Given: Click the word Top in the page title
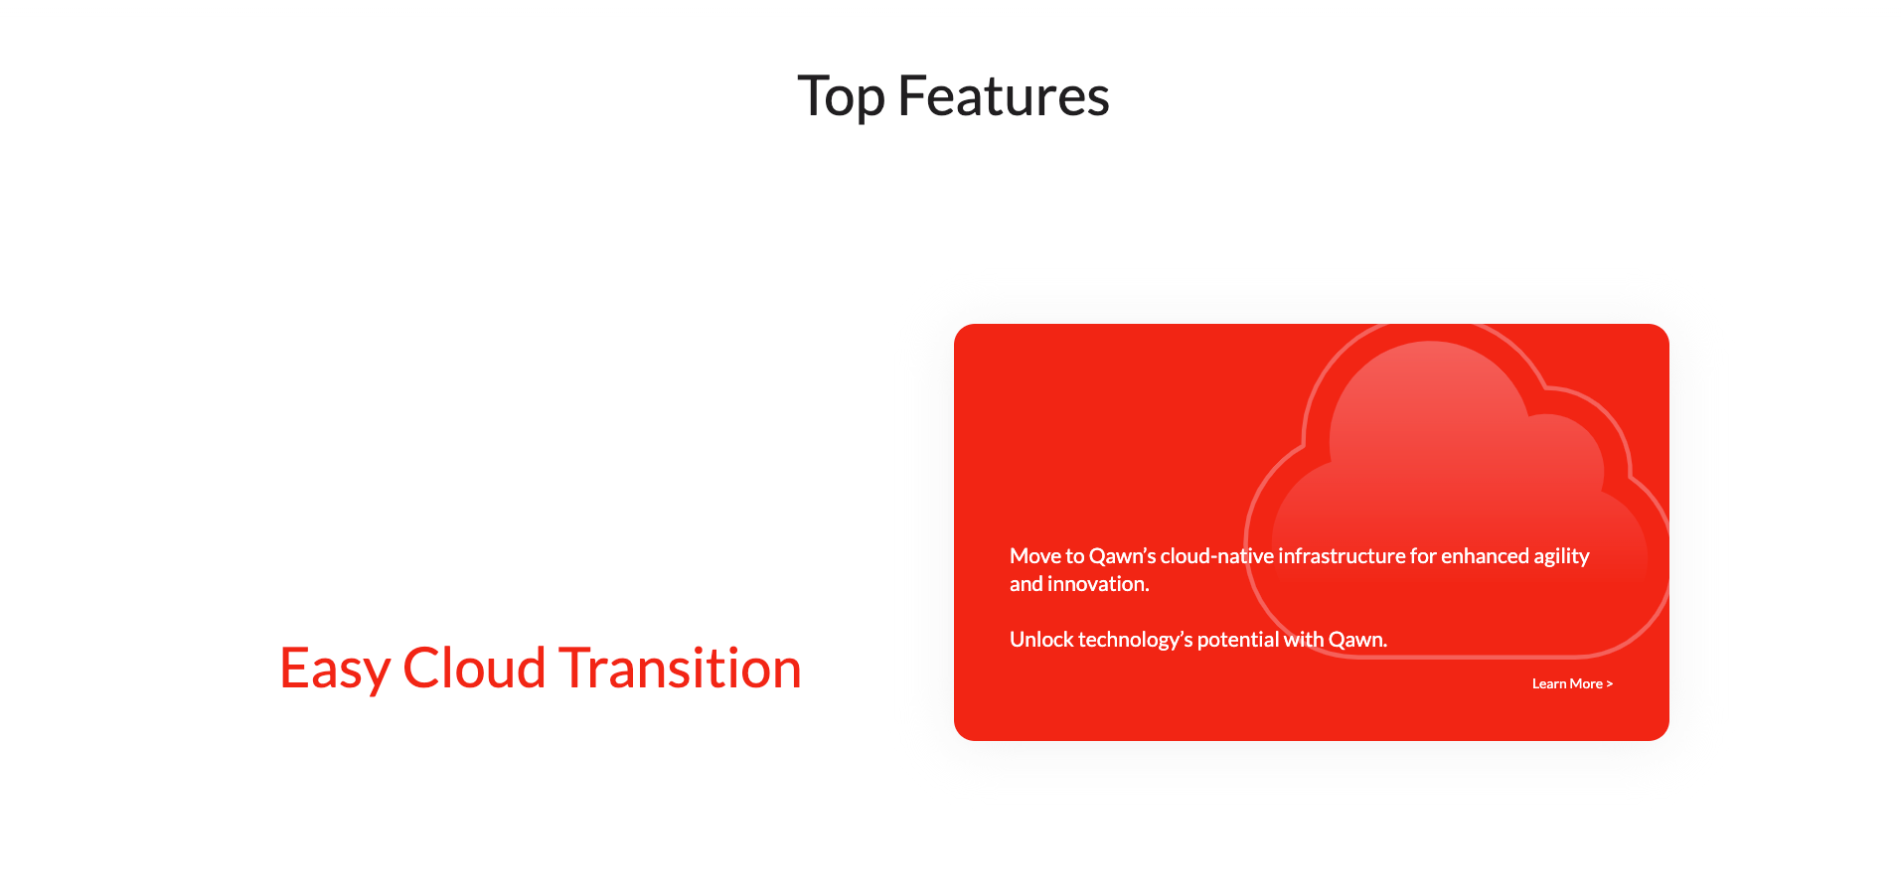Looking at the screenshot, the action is click(841, 97).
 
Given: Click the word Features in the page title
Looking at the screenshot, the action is click(1004, 96).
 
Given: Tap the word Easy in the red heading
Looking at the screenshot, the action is click(335, 669).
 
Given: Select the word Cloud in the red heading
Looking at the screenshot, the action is click(474, 668).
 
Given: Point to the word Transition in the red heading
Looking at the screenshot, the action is click(680, 668).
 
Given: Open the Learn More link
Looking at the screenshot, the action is click(1572, 683).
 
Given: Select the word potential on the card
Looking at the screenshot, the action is click(1238, 641).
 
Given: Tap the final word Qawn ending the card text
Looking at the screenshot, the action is click(1357, 641).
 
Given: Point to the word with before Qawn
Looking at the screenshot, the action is click(1304, 640).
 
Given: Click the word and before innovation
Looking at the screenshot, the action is click(1027, 584).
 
